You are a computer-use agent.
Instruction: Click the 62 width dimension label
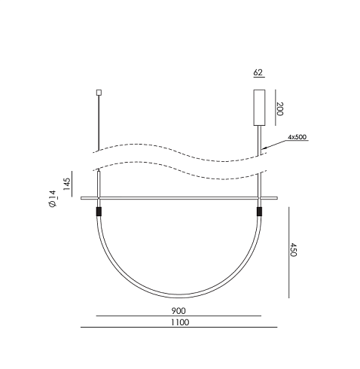click(258, 72)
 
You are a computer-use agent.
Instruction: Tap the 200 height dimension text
click(279, 109)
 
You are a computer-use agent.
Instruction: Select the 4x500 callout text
click(297, 137)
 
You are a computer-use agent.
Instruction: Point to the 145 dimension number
click(67, 184)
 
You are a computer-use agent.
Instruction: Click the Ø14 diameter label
click(53, 199)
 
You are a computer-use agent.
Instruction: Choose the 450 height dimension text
click(293, 250)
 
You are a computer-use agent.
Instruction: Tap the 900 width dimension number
click(178, 311)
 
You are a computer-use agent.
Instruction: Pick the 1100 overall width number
click(180, 322)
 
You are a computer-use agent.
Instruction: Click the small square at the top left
click(99, 93)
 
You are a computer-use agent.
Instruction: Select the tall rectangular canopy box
click(259, 108)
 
